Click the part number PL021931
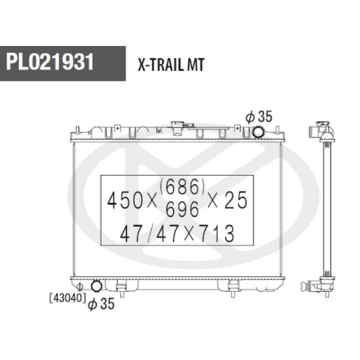pyautogui.click(x=50, y=61)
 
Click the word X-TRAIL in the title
pyautogui.click(x=161, y=64)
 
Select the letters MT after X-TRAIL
pyautogui.click(x=196, y=64)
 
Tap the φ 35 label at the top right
pyautogui.click(x=259, y=116)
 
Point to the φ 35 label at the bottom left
pyautogui.click(x=101, y=304)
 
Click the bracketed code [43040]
pyautogui.click(x=68, y=298)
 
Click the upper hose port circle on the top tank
pyautogui.click(x=258, y=132)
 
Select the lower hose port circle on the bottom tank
pyautogui.click(x=96, y=286)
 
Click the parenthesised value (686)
pyautogui.click(x=182, y=187)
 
